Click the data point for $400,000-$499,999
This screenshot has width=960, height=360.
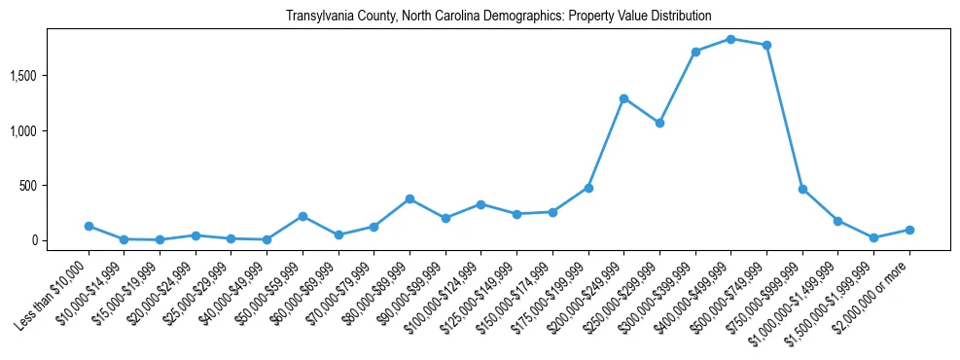[730, 39]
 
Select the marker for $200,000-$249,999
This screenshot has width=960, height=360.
[623, 98]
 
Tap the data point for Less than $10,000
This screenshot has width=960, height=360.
[89, 226]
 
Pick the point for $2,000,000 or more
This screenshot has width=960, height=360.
[909, 230]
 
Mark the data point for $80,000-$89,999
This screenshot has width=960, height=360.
[409, 198]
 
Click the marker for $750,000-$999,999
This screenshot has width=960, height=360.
[802, 189]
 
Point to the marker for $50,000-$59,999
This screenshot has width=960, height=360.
[302, 216]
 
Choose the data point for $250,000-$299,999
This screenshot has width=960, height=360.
[659, 123]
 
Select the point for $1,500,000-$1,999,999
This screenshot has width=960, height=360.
[873, 237]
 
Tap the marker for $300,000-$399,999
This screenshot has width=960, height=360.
[695, 52]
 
